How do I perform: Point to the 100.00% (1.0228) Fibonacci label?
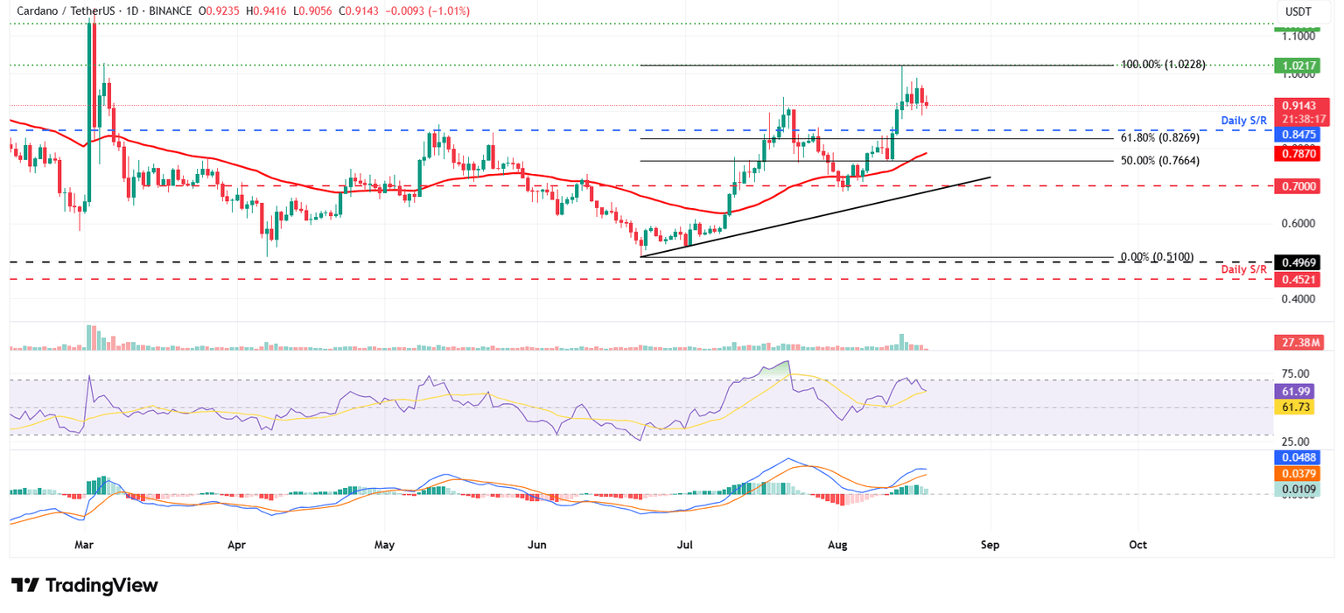click(1163, 65)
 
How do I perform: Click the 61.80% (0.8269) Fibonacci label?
click(1159, 138)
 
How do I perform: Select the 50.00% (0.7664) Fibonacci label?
click(1159, 161)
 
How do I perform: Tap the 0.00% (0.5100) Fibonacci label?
click(1157, 257)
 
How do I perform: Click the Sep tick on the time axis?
click(990, 544)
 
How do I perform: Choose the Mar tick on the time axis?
click(84, 544)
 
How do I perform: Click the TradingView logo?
click(85, 585)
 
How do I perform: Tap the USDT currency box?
click(1297, 11)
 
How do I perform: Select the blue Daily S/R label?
click(1244, 119)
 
